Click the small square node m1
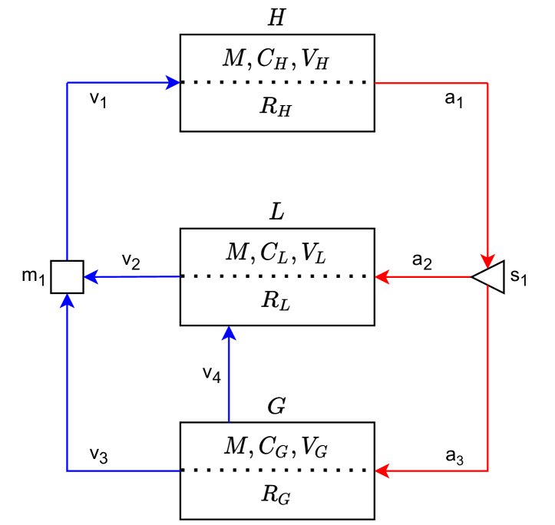(67, 276)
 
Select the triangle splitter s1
(489, 276)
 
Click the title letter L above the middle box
(276, 212)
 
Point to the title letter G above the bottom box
(276, 406)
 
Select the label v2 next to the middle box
(130, 261)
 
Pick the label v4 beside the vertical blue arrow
(212, 374)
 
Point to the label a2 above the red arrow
(421, 261)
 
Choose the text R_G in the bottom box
(276, 495)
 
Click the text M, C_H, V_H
(276, 60)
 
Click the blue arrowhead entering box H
(173, 82)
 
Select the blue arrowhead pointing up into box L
(229, 333)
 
